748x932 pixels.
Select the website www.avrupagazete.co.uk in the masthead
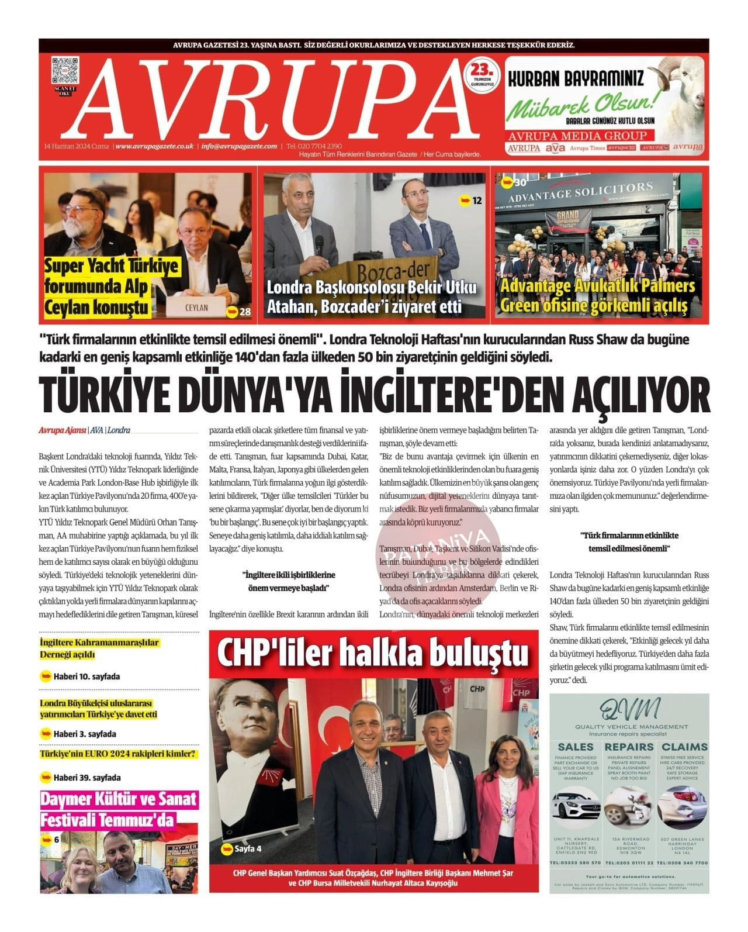click(154, 146)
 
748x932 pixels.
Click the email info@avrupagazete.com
click(239, 146)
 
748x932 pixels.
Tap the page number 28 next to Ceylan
click(245, 312)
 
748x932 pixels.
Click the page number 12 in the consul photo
click(477, 201)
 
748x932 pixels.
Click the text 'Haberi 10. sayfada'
click(86, 676)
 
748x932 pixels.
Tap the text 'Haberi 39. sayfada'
click(86, 778)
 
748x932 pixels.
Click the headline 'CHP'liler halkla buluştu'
click(372, 653)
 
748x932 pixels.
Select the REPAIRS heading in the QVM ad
click(629, 747)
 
